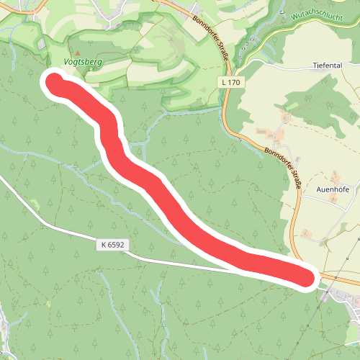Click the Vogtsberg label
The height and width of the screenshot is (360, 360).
click(84, 63)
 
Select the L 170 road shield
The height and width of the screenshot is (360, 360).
click(232, 83)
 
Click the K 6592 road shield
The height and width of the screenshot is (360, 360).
click(113, 246)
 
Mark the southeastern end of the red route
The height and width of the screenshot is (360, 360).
click(306, 277)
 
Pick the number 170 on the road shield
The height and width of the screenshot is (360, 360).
click(235, 83)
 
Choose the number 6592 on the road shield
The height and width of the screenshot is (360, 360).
click(116, 246)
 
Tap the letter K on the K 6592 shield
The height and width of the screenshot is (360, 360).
click(104, 246)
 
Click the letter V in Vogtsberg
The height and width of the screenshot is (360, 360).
click(67, 63)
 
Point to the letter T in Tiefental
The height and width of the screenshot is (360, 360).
click(315, 65)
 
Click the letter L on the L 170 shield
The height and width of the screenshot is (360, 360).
click(225, 83)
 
